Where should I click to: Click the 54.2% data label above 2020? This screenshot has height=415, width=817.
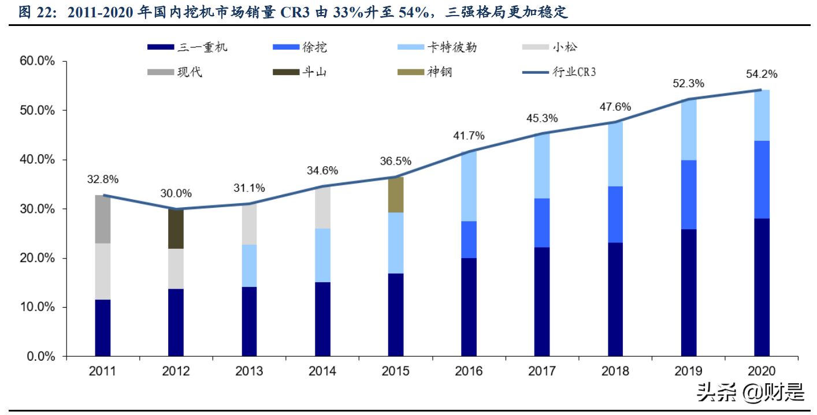point(761,74)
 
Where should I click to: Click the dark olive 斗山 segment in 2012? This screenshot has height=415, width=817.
point(176,229)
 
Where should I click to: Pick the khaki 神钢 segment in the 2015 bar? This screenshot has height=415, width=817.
point(395,195)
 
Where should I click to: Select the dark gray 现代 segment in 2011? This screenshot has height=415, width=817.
point(102,219)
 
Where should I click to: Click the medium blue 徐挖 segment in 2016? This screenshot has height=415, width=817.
point(469,240)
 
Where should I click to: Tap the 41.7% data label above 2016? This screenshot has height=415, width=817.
point(469,136)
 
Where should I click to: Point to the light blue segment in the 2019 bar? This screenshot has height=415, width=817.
point(689,130)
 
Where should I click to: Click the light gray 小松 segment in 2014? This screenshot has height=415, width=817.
point(322,208)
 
